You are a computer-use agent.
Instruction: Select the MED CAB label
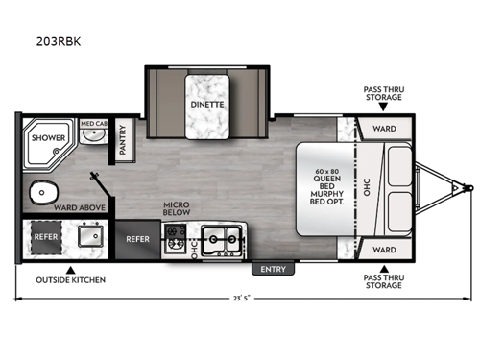93,124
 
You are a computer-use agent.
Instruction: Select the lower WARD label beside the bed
384,250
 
